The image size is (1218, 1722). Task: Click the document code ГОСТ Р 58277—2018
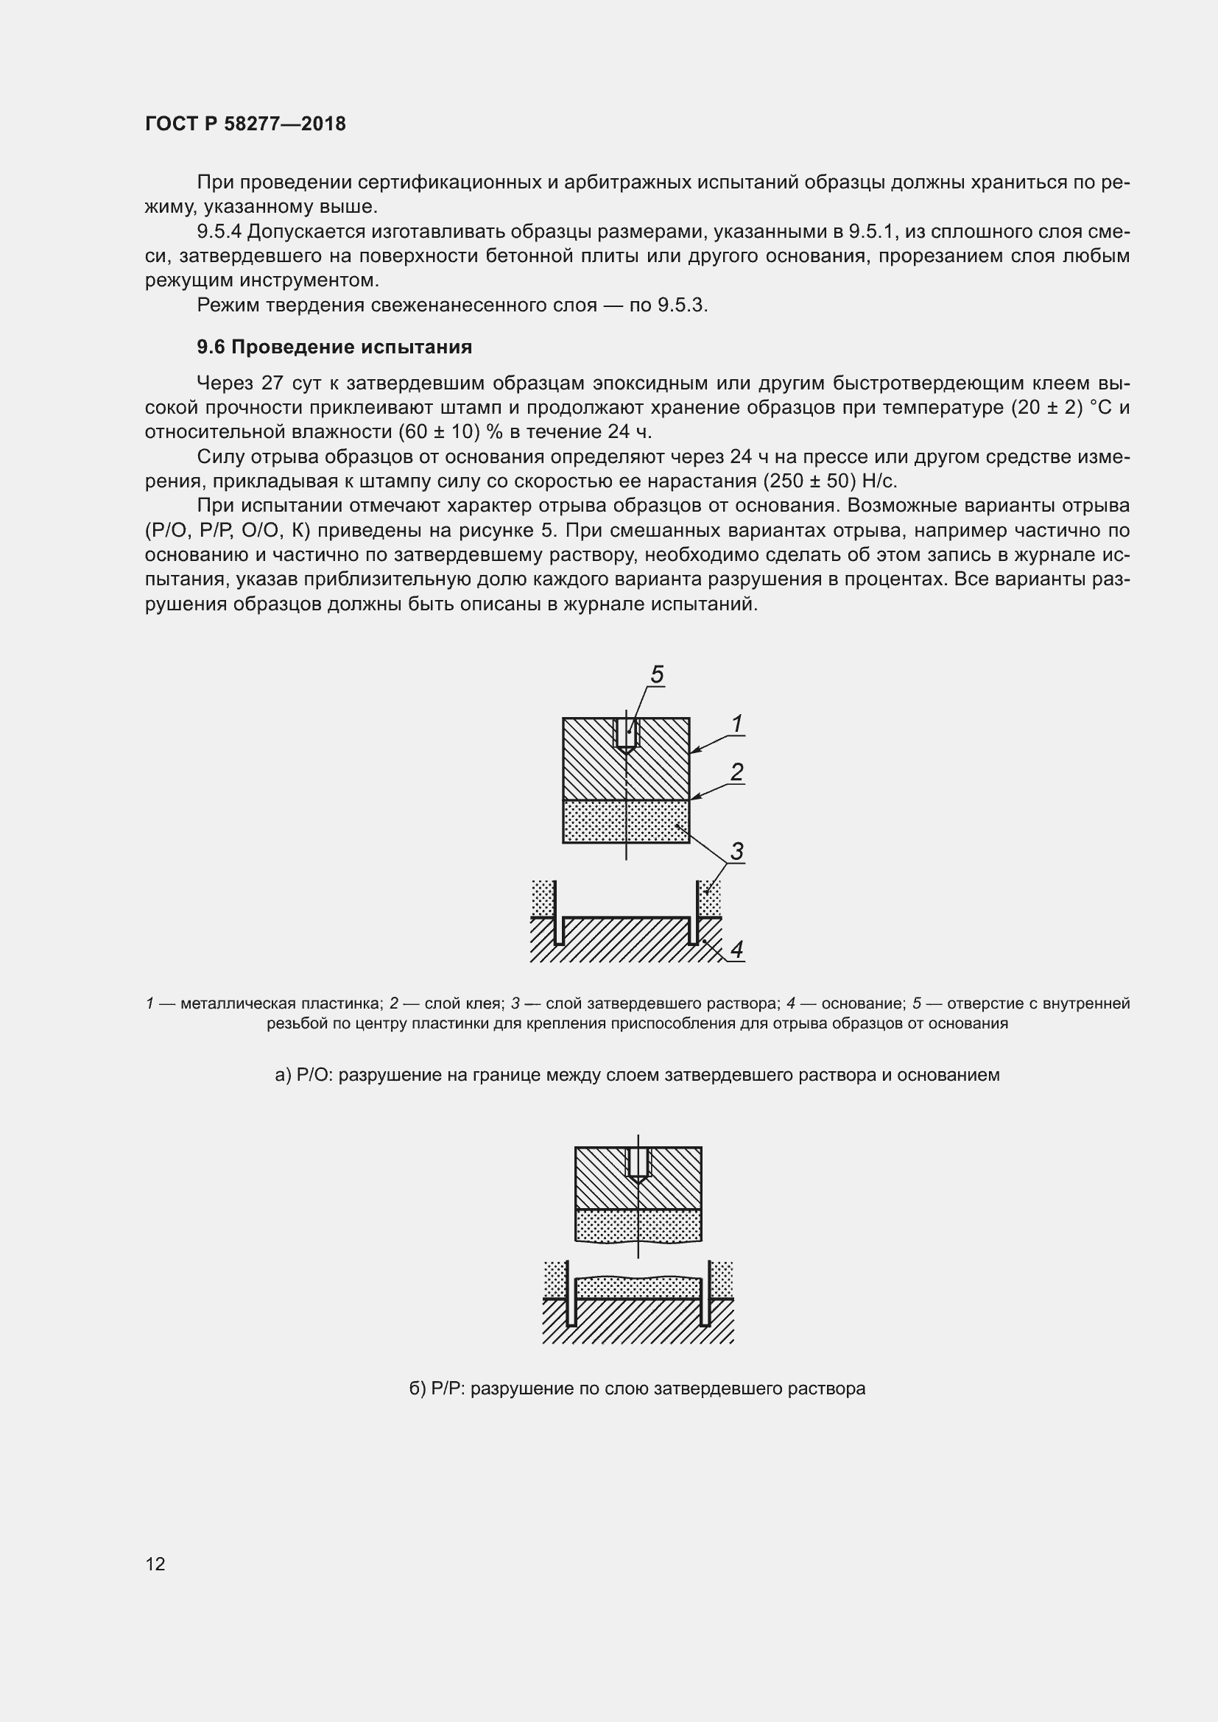click(x=245, y=124)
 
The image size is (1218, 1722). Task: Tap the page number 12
click(x=155, y=1563)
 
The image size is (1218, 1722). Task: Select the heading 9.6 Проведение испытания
click(x=334, y=347)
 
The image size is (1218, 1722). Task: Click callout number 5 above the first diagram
click(x=657, y=674)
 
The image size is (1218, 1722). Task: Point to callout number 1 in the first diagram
click(x=736, y=724)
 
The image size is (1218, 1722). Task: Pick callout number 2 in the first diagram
click(x=736, y=772)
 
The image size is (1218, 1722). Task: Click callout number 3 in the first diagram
click(x=736, y=851)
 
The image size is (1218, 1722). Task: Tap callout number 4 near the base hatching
click(x=736, y=950)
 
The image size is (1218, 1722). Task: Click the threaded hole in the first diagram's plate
click(x=626, y=733)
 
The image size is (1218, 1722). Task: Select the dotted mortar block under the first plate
click(x=626, y=822)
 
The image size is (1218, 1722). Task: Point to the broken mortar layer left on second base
click(x=638, y=1287)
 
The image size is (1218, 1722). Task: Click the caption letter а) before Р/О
click(x=283, y=1075)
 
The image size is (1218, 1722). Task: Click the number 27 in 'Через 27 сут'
click(x=272, y=384)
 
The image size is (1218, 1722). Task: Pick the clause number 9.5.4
click(x=218, y=232)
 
